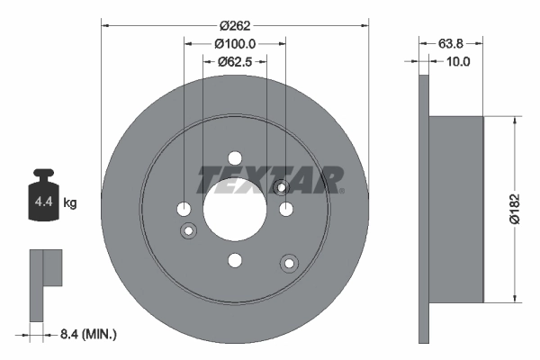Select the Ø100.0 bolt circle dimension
236,42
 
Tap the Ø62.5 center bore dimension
236,62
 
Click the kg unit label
70,203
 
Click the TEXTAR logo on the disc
270,179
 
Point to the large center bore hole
235,208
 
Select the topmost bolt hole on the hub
235,157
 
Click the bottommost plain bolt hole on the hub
235,260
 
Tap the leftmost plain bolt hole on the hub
184,209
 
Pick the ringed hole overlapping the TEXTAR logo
281,187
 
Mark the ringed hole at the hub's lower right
289,263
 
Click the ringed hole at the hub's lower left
189,231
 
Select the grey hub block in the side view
457,209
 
